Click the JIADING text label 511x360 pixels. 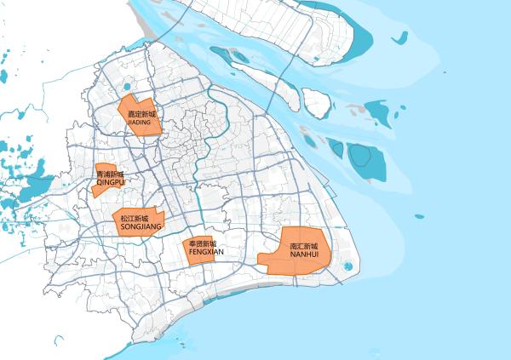pyautogui.click(x=139, y=123)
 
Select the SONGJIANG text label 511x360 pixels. pyautogui.click(x=141, y=228)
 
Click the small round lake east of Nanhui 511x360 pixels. pyautogui.click(x=347, y=266)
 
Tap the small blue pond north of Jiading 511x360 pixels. pyautogui.click(x=127, y=86)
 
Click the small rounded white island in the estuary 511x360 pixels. pyautogui.click(x=317, y=103)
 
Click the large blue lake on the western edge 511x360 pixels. pyautogui.click(x=34, y=185)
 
